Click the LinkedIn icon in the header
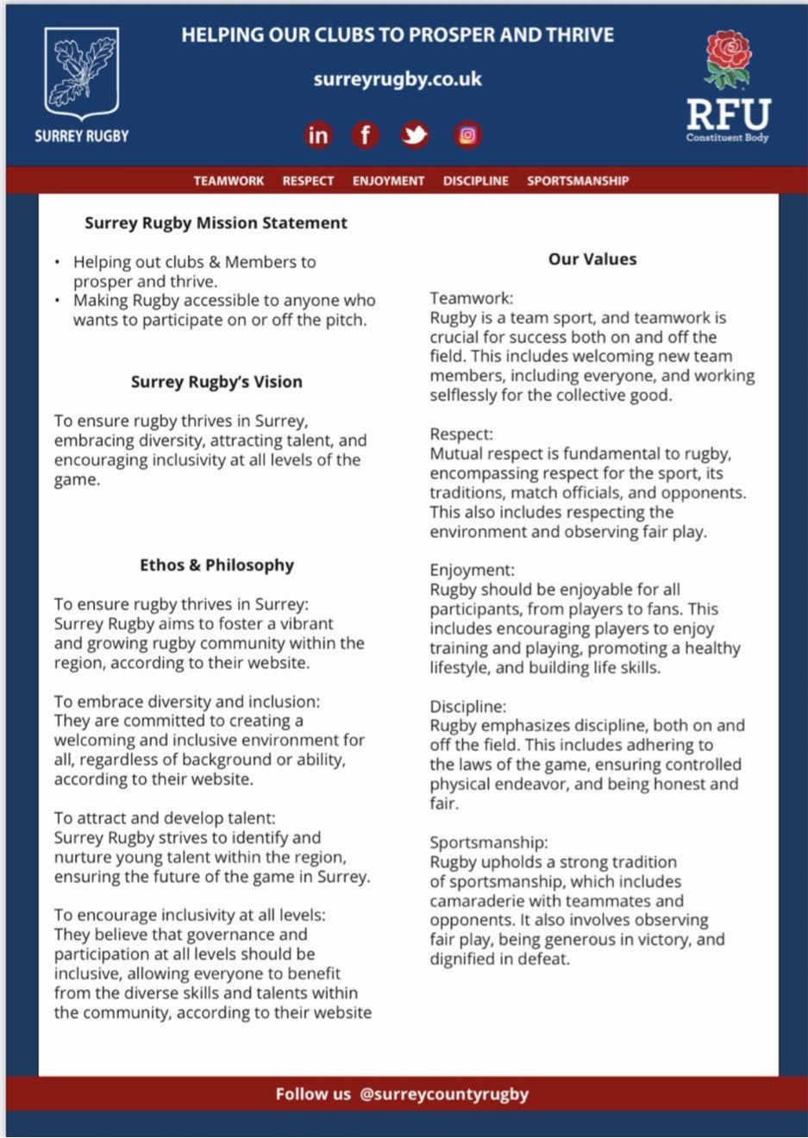(x=318, y=135)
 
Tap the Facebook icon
(x=366, y=135)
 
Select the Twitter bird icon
(x=415, y=135)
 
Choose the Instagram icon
(x=467, y=135)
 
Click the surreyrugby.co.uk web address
(x=398, y=79)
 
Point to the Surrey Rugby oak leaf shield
(x=82, y=72)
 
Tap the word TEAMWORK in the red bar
(x=229, y=181)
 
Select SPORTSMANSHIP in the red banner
(x=578, y=181)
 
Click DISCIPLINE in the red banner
(x=476, y=181)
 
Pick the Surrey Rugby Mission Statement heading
(x=216, y=222)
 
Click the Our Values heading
(x=592, y=259)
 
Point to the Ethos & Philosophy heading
(x=216, y=565)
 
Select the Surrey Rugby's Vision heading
(x=216, y=381)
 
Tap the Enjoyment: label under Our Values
(x=472, y=570)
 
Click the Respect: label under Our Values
(x=461, y=434)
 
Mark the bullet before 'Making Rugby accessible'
(x=57, y=301)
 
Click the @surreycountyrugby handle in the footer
(x=444, y=1094)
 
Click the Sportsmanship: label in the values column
(x=489, y=842)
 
